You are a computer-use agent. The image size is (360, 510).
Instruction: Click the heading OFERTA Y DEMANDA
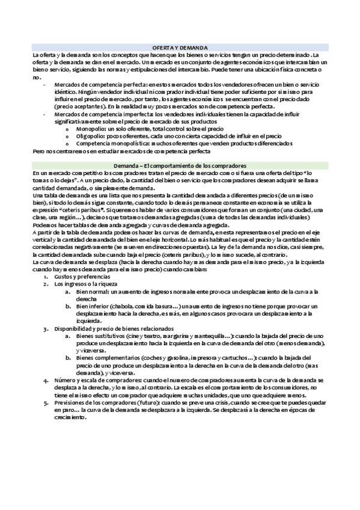click(180, 47)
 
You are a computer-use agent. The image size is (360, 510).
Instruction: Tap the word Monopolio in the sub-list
click(92, 129)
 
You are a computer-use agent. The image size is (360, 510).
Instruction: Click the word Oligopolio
click(92, 136)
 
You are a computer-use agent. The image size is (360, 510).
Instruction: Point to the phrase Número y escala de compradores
click(97, 381)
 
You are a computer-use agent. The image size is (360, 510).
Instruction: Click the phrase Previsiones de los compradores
click(96, 402)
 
